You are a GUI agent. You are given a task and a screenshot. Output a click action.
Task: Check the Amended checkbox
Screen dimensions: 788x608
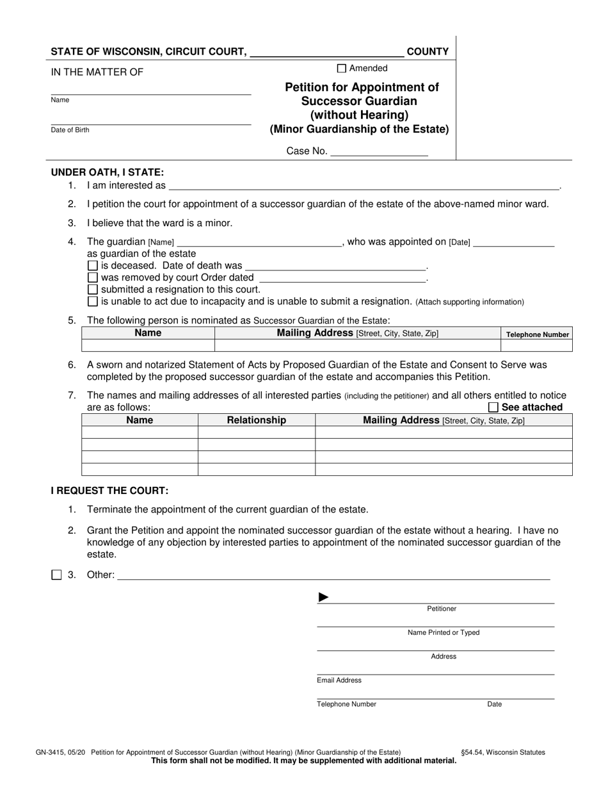click(341, 69)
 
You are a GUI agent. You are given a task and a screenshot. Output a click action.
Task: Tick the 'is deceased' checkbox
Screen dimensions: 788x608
click(93, 266)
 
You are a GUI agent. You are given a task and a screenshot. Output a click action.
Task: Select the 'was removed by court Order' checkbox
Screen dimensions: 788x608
click(93, 278)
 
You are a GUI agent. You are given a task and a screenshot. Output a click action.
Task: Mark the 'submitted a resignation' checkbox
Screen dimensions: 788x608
click(93, 290)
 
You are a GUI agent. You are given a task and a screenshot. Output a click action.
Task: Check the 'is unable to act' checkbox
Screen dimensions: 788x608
click(93, 302)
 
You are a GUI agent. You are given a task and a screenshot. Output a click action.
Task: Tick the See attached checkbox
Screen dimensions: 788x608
click(493, 407)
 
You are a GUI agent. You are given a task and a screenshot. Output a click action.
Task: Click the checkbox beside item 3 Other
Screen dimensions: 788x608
click(56, 575)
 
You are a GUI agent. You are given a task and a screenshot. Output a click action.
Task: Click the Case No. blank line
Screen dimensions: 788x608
click(379, 152)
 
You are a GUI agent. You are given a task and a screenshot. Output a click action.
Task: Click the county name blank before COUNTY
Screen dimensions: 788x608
click(326, 52)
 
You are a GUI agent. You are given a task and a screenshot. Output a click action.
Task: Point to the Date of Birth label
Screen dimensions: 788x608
click(70, 130)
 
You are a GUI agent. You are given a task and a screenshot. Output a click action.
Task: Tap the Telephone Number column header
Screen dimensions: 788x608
click(538, 334)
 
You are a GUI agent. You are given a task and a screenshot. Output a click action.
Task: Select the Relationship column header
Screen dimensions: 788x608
click(257, 420)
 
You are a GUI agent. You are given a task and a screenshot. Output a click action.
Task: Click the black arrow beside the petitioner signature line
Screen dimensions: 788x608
click(324, 598)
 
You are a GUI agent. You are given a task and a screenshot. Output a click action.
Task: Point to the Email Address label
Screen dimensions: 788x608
click(339, 680)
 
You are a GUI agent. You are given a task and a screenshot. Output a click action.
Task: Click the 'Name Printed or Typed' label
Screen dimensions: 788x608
click(444, 633)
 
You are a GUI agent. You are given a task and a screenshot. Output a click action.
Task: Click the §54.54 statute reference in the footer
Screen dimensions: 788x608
click(503, 753)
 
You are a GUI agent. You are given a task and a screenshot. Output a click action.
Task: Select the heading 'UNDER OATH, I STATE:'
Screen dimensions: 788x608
click(108, 172)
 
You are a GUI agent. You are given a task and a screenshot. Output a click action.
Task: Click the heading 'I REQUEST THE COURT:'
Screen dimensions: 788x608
click(110, 491)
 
